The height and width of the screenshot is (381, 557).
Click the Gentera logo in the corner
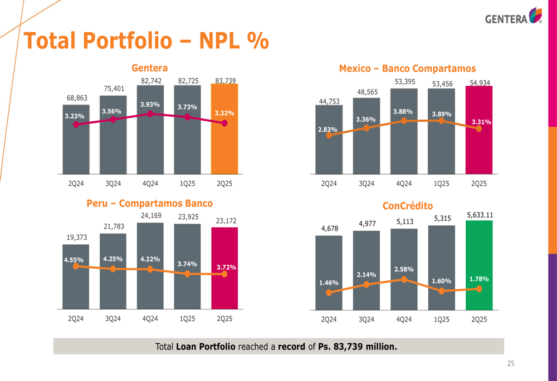513,17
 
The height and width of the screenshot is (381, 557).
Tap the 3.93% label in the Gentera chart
150,104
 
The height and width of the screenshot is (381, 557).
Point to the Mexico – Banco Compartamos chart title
407,68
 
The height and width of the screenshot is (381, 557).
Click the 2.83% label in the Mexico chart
327,130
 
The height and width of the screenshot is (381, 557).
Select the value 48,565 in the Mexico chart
366,92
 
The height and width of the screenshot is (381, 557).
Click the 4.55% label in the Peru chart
74,259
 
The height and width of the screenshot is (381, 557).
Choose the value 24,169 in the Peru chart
150,216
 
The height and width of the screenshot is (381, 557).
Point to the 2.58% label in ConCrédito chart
403,269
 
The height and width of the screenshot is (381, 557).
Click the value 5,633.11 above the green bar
479,214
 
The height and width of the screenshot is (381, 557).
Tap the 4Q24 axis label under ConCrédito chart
403,320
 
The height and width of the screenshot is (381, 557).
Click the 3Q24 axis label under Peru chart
113,319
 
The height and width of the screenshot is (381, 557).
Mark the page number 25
510,364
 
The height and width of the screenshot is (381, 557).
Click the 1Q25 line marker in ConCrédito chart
441,291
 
